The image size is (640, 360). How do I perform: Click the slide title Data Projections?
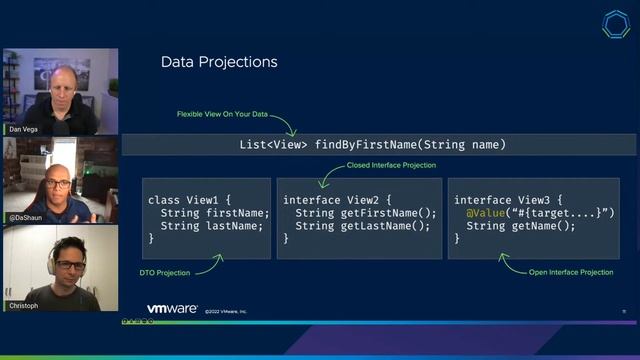click(x=219, y=63)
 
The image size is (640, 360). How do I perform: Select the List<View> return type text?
click(x=274, y=145)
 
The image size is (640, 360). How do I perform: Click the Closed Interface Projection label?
click(x=391, y=165)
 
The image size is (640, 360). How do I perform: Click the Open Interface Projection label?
click(x=570, y=271)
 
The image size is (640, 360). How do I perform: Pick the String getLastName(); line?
click(x=363, y=225)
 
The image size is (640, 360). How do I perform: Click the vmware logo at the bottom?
click(x=173, y=310)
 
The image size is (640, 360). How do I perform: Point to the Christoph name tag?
click(x=21, y=306)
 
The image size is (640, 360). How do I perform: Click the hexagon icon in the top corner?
click(x=616, y=25)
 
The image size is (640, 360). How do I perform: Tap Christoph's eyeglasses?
click(x=69, y=265)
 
